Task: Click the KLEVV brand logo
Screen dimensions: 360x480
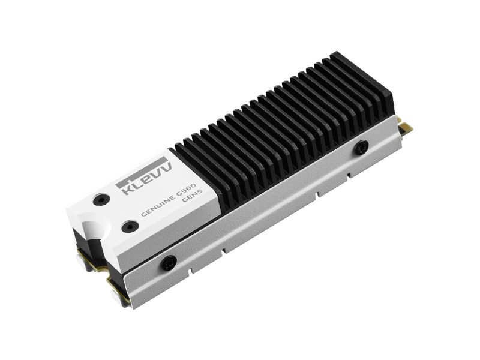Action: tap(146, 178)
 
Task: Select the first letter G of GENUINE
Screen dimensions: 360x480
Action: tap(143, 214)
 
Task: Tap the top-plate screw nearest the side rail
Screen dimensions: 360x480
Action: tap(130, 226)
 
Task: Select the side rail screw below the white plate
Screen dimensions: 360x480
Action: tap(169, 262)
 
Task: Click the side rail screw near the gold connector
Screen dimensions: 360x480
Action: tap(361, 147)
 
